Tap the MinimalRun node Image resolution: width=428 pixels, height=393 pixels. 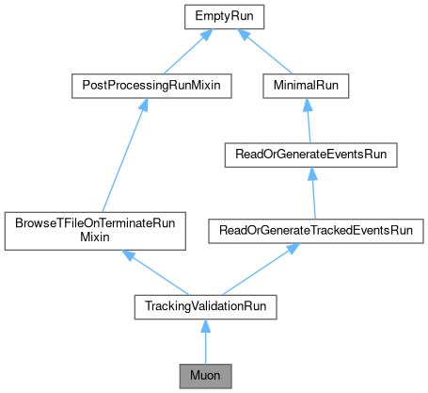tap(307, 86)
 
